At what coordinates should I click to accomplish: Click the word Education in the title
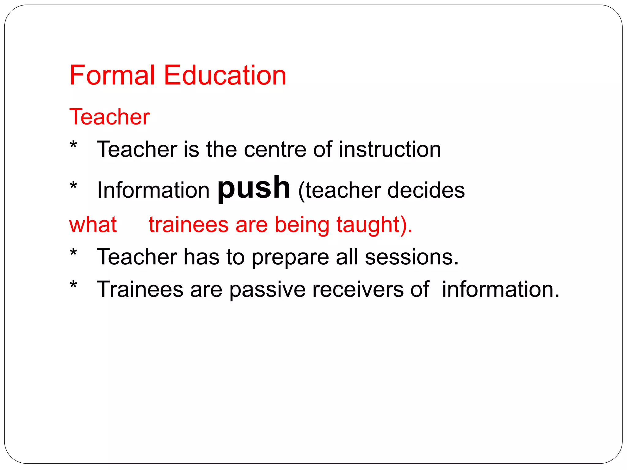[x=225, y=75]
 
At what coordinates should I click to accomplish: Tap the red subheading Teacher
[x=110, y=117]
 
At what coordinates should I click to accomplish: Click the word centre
[x=275, y=150]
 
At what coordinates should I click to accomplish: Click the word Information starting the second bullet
[x=153, y=190]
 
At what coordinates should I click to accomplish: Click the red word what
[x=93, y=225]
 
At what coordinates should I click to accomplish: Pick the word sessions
[x=411, y=257]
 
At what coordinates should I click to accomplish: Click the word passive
[x=267, y=289]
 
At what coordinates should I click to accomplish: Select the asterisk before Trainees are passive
[x=73, y=285]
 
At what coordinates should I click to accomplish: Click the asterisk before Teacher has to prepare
[x=73, y=253]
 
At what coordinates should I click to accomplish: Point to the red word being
[x=302, y=225]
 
